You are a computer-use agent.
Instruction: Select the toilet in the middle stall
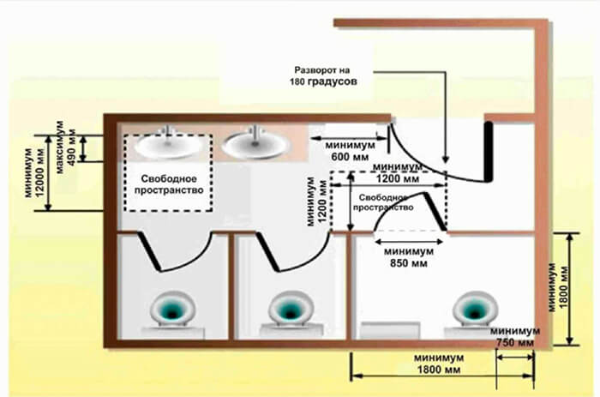point(287,310)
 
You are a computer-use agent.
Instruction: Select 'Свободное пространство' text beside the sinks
point(168,183)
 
